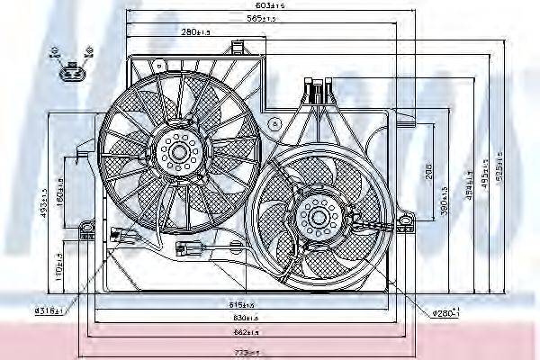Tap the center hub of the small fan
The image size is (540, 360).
click(x=317, y=216)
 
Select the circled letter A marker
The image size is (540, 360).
click(x=277, y=122)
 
